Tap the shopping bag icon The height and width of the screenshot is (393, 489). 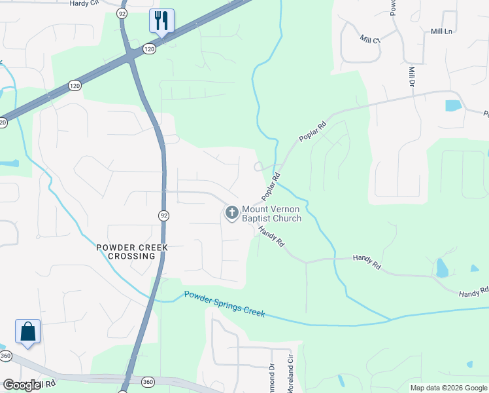tap(28, 331)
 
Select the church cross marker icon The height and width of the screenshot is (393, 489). tap(231, 212)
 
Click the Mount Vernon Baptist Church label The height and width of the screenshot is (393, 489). tap(271, 214)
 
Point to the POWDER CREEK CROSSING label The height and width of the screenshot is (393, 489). tap(132, 252)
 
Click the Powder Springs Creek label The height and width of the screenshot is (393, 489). tap(224, 304)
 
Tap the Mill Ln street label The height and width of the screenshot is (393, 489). tap(441, 31)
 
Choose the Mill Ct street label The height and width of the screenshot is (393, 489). tap(369, 39)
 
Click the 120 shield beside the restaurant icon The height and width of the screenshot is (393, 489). tap(150, 48)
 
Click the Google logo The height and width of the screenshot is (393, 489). tap(22, 385)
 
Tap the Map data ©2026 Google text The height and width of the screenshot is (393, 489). tap(448, 388)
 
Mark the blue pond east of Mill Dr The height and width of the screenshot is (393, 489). tap(452, 105)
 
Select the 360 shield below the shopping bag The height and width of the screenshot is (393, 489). tap(6, 356)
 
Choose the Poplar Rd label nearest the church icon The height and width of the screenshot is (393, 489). tap(271, 187)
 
